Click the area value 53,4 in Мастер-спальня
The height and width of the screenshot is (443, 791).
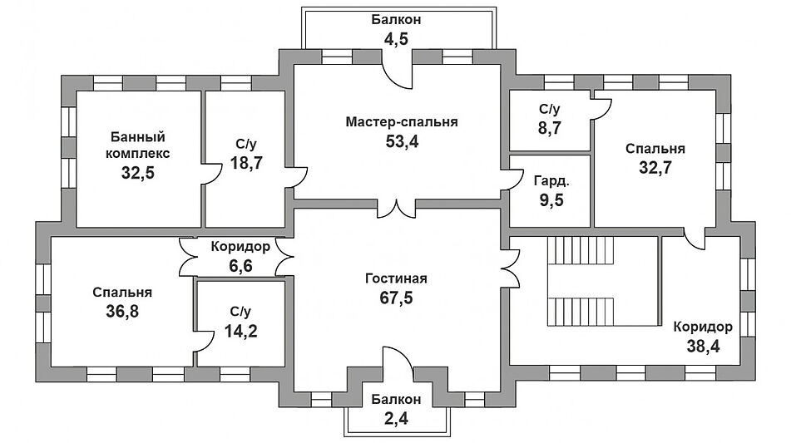pos(402,141)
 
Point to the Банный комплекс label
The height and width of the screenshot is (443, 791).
pos(137,145)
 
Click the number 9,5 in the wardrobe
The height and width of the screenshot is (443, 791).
pos(550,199)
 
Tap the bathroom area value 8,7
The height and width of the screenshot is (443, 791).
pos(550,129)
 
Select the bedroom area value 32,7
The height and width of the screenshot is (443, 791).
pos(655,168)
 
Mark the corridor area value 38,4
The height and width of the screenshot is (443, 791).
pos(703,346)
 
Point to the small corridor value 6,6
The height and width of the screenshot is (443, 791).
pos(240,266)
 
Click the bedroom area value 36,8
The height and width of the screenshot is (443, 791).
pos(121,313)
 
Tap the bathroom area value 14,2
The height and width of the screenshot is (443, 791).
pos(240,332)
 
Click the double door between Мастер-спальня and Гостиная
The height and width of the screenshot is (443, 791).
pos(397,209)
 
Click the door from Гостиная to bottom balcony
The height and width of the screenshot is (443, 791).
pos(397,362)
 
